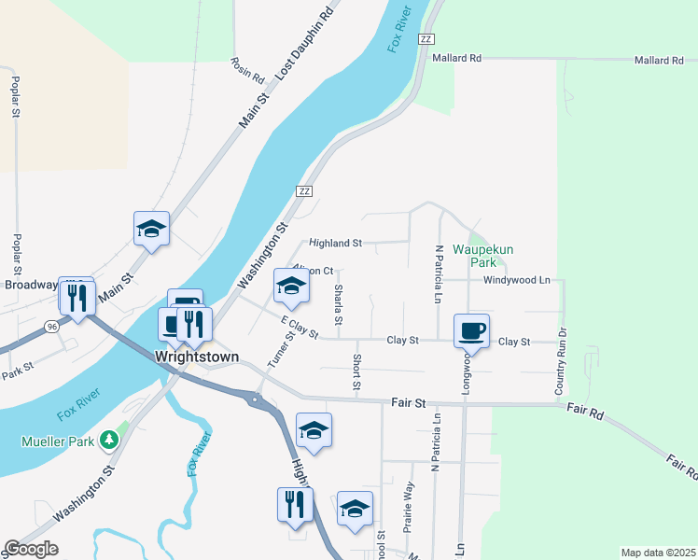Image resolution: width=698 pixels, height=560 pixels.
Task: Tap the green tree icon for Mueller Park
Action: click(110, 439)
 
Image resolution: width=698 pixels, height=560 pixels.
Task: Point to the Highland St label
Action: click(335, 243)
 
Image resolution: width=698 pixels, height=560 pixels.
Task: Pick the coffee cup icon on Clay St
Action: click(471, 329)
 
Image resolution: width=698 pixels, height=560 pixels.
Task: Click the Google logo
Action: click(31, 549)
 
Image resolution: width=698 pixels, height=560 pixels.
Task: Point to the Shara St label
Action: click(338, 305)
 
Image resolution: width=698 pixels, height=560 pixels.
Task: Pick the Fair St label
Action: click(407, 403)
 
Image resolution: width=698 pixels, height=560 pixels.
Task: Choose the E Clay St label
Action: click(300, 327)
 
